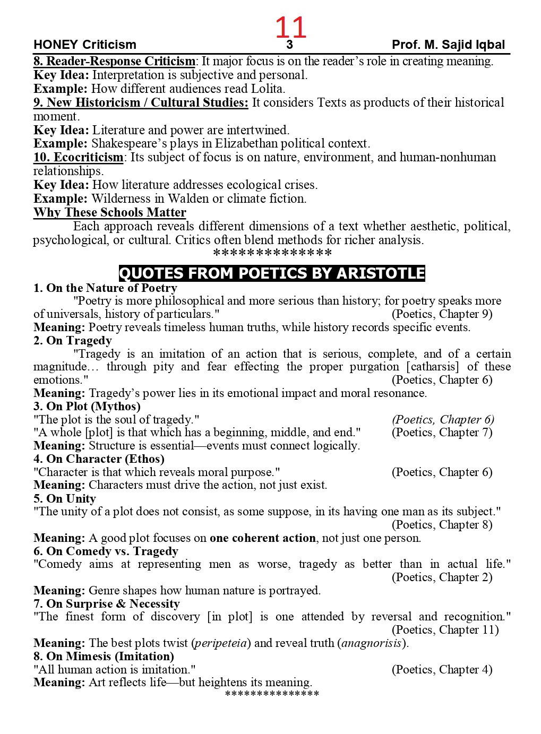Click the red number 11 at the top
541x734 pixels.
(x=290, y=28)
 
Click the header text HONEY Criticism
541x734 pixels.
(x=85, y=45)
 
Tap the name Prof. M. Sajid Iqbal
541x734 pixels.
(x=448, y=45)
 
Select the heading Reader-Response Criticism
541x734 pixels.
(x=115, y=62)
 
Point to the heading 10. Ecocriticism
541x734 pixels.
(x=79, y=158)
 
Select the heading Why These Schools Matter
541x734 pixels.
(x=110, y=213)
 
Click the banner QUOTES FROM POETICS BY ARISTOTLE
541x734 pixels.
(x=272, y=273)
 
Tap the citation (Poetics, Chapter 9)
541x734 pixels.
(x=442, y=314)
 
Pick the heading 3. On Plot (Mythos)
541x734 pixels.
(x=87, y=407)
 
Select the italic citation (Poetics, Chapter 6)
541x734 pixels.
(x=443, y=420)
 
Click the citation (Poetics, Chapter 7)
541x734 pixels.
(x=442, y=433)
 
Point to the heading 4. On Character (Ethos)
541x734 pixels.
(x=99, y=459)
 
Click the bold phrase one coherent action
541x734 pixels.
(x=262, y=538)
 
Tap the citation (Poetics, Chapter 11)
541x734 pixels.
(x=445, y=630)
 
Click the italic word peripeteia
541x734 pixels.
(x=221, y=643)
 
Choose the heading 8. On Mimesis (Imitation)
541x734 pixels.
(x=104, y=657)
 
